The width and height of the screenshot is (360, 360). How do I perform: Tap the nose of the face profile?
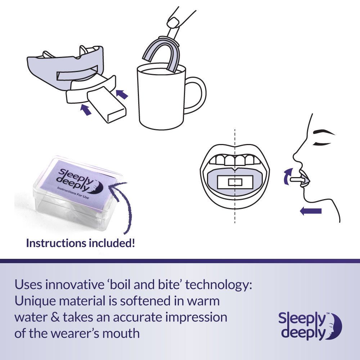coord(296,157)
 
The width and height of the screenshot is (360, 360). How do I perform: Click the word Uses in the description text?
coord(27,285)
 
